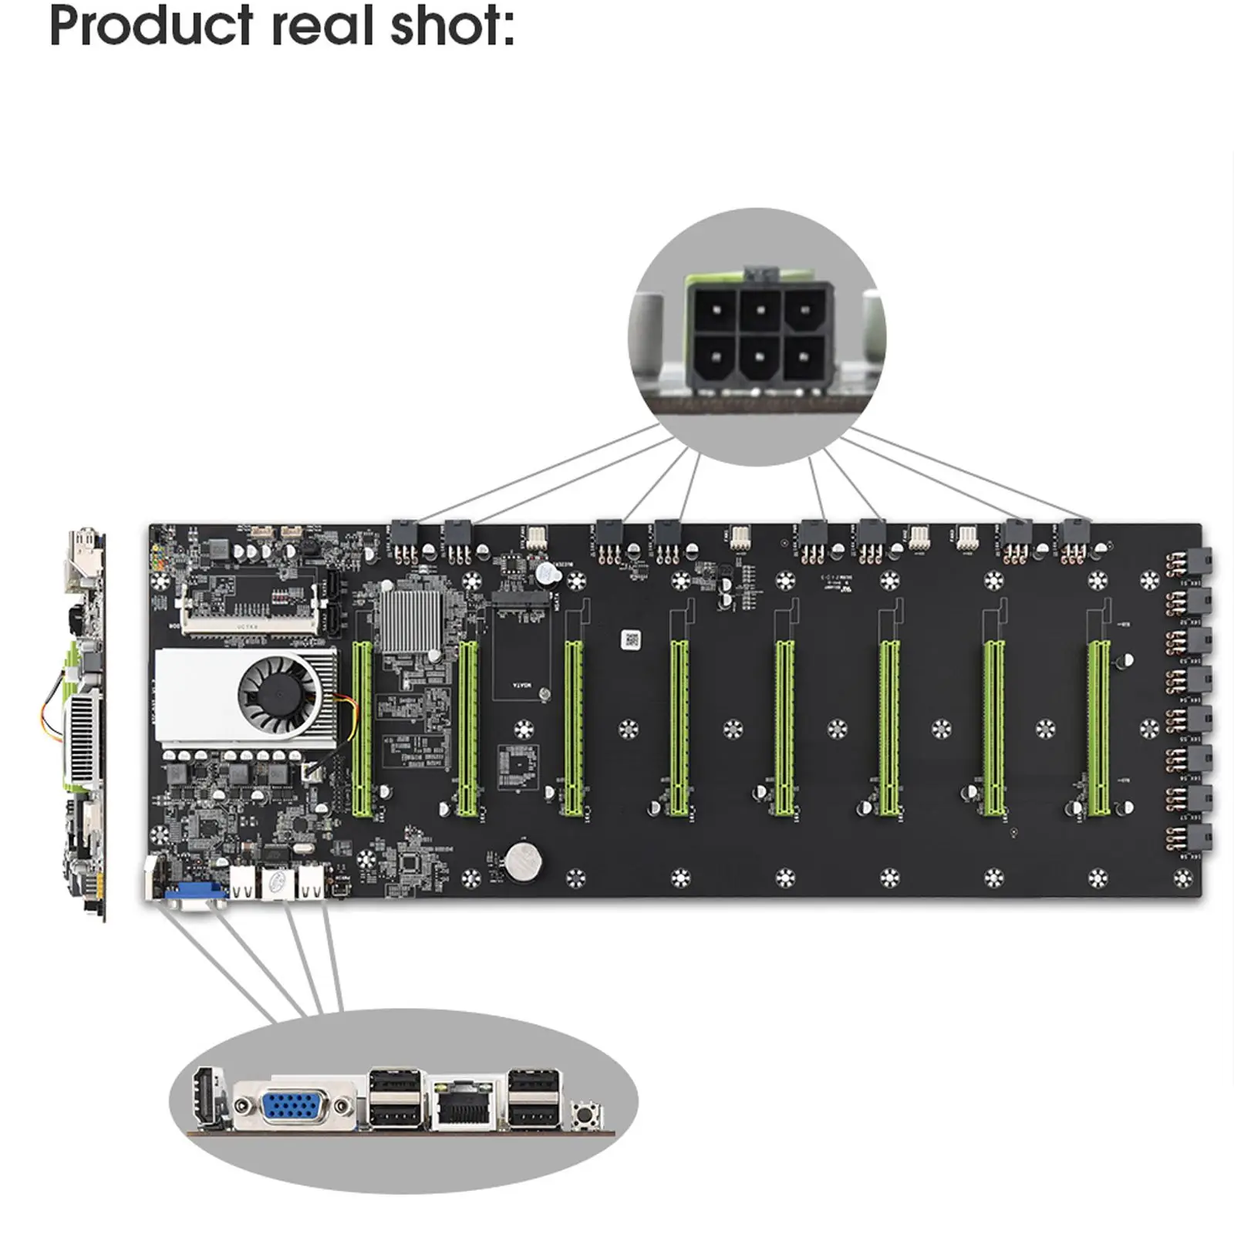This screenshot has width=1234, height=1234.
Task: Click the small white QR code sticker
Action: (631, 639)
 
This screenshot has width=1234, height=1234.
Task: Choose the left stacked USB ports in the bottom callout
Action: (396, 1098)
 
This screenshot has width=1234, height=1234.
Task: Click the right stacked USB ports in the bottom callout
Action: (533, 1098)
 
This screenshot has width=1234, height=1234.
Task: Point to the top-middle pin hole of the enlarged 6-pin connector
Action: (760, 310)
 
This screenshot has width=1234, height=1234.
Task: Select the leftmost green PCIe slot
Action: (360, 729)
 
